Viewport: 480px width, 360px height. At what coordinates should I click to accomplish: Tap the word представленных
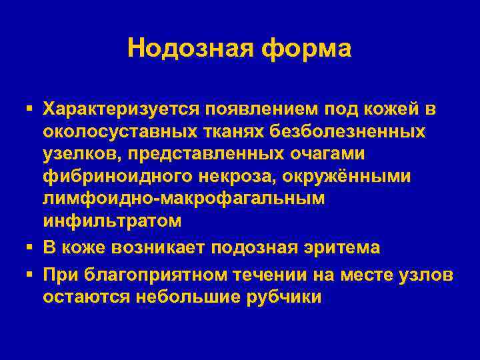coord(185,154)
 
